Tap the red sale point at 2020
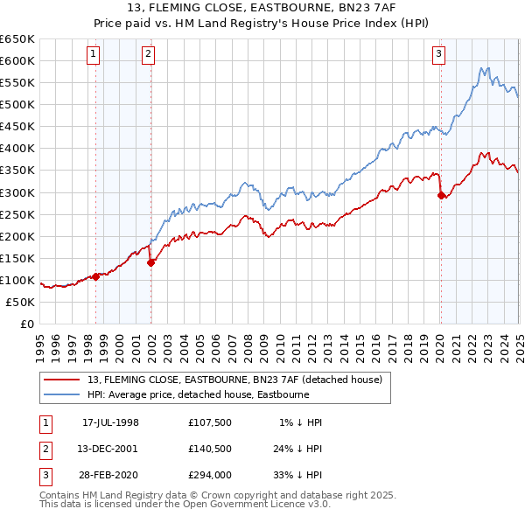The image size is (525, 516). click(441, 195)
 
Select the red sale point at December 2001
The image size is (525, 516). click(150, 261)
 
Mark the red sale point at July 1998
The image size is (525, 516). click(96, 276)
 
